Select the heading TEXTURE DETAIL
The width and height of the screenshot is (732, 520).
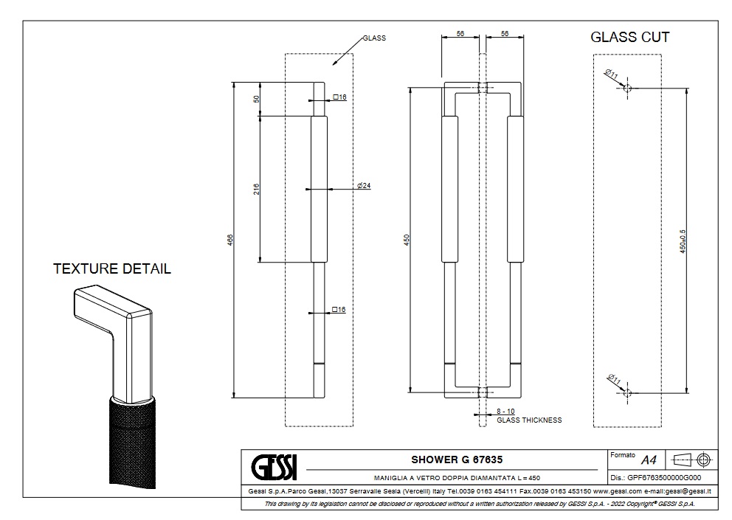112,268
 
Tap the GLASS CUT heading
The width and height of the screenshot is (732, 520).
630,38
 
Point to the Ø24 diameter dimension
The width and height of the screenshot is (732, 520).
363,186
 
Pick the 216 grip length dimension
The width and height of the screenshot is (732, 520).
256,190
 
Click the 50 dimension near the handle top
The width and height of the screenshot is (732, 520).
256,99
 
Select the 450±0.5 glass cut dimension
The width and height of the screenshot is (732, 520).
683,241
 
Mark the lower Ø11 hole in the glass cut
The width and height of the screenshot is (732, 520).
628,393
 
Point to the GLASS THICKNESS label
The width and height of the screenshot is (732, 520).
529,420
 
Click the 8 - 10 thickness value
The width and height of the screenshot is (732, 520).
505,411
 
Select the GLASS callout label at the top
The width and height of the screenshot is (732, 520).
374,38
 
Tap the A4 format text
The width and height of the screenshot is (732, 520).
649,460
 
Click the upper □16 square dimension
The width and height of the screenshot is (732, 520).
339,97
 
